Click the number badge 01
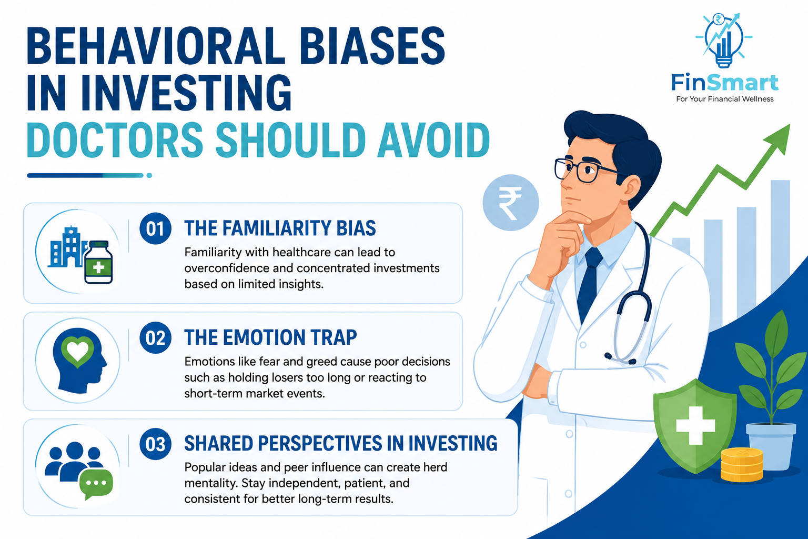(156, 228)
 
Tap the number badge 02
(156, 337)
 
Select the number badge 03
(156, 444)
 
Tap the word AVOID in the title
(433, 140)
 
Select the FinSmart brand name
(725, 83)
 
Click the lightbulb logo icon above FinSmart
(724, 39)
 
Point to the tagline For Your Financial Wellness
(725, 99)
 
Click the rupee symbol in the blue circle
(510, 203)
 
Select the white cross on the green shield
(695, 425)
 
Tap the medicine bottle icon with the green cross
(98, 262)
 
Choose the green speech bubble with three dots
(96, 483)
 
